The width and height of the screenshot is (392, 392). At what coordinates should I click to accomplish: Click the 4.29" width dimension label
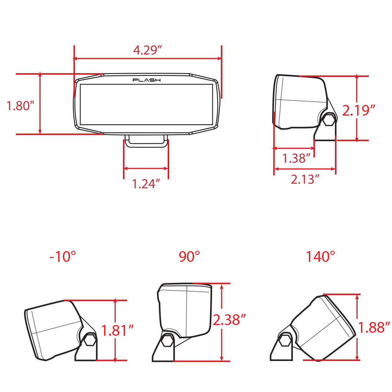147,50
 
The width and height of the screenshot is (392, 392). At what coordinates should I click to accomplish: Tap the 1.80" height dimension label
20,106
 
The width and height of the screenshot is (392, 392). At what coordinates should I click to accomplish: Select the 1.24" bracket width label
146,184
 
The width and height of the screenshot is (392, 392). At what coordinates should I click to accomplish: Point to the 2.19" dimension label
358,110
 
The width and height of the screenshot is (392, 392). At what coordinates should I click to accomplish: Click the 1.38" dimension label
296,158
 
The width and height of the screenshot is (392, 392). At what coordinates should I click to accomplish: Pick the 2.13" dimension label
305,179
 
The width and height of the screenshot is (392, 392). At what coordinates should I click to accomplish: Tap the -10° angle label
62,256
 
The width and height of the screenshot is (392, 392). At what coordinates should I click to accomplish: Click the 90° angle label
189,256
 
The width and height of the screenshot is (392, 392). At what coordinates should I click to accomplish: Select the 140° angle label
320,256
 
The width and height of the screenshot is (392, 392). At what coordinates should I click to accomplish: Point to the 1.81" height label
118,330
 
